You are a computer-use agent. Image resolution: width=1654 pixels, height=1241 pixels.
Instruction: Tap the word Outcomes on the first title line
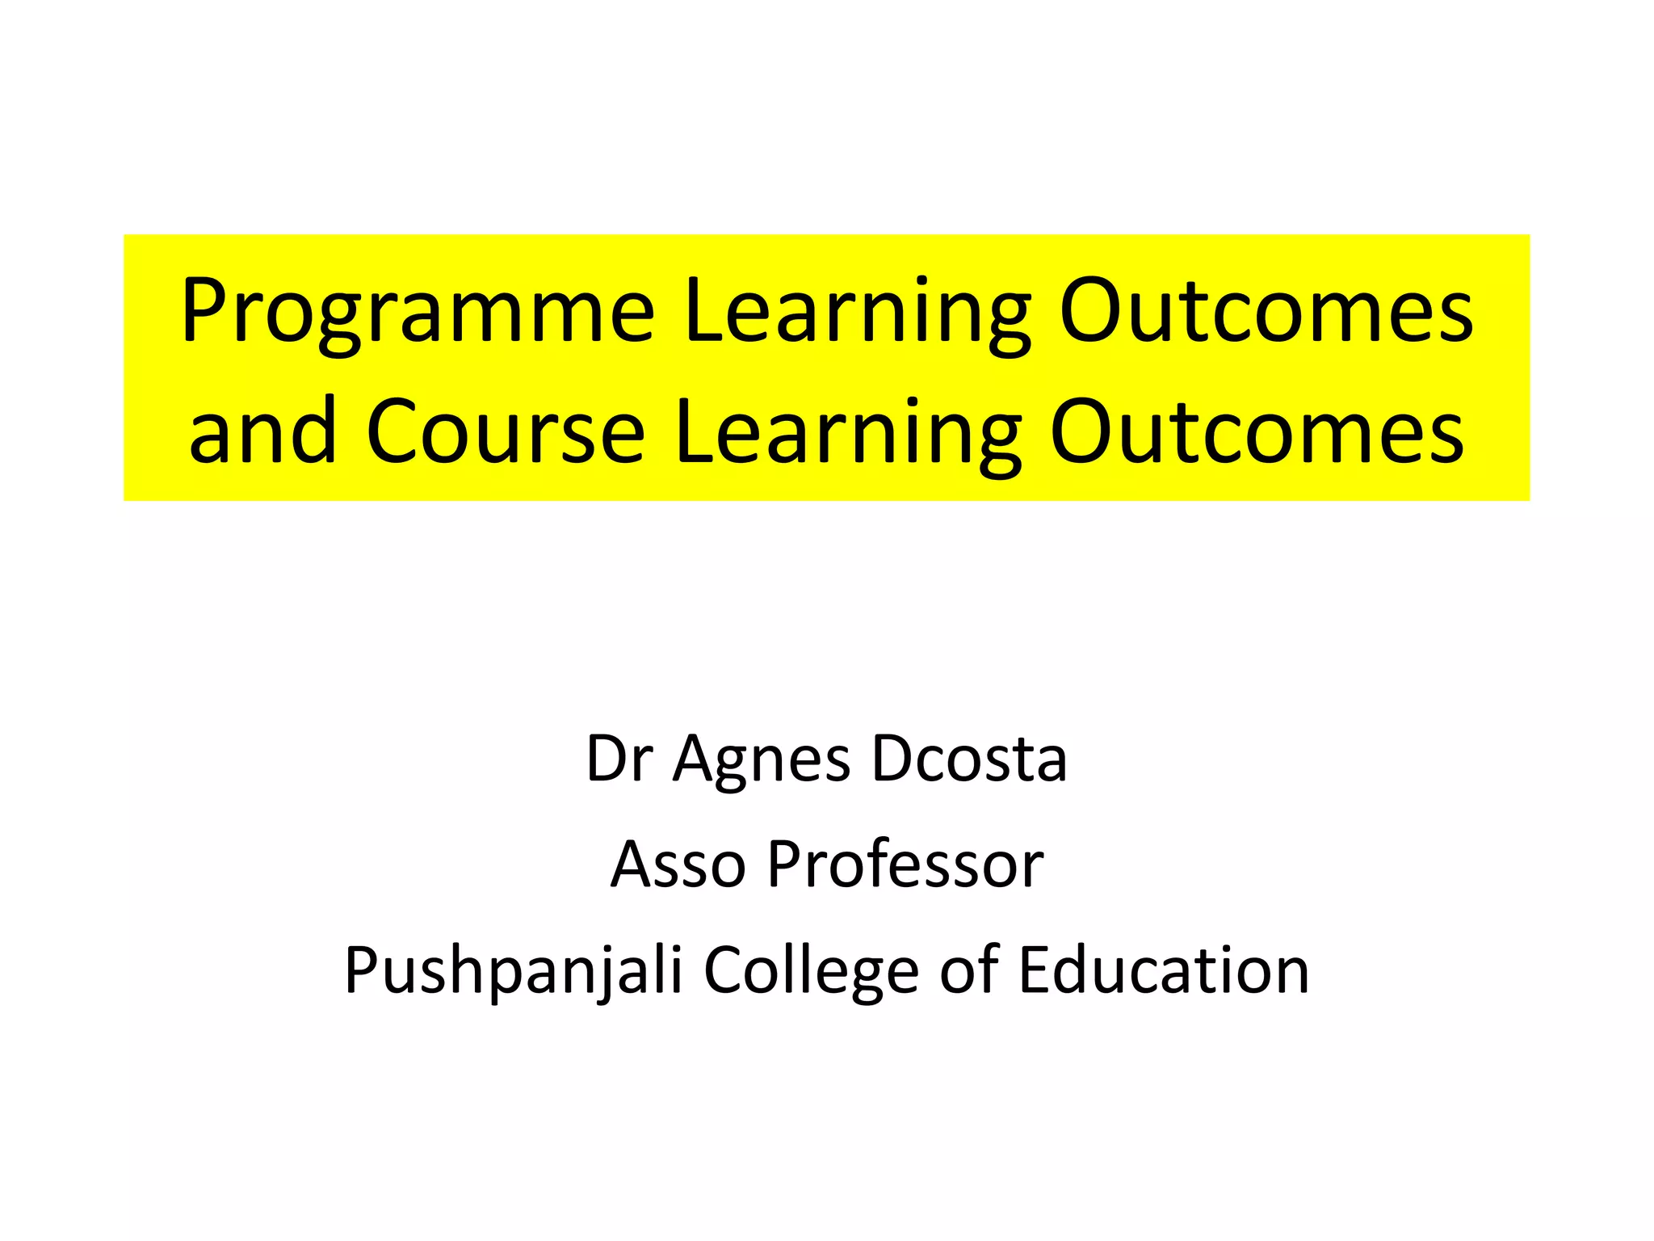[1266, 312]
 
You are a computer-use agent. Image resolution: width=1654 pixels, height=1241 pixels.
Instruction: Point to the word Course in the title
[506, 433]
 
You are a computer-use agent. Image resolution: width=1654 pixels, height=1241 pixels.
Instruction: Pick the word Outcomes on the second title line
[1257, 433]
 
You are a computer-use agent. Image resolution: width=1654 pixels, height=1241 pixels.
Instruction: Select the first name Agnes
[762, 759]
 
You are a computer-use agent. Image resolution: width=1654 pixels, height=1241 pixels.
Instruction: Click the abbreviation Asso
[677, 864]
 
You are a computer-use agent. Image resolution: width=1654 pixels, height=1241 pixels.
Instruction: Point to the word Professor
[905, 864]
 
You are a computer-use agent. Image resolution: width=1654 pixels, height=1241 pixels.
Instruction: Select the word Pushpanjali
[514, 970]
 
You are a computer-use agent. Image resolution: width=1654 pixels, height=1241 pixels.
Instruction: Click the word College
[811, 970]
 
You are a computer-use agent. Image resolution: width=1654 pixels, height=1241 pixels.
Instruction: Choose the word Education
[1164, 969]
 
